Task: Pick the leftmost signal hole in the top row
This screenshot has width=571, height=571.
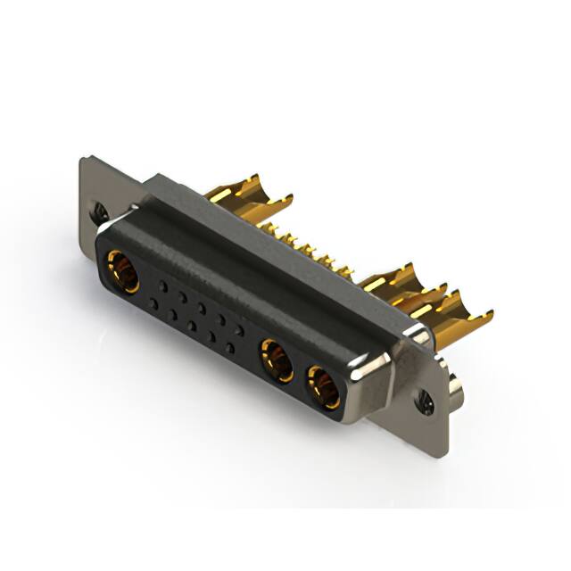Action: [x=165, y=286]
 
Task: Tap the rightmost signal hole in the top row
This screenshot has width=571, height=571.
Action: [x=238, y=330]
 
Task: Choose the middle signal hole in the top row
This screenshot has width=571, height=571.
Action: [x=202, y=308]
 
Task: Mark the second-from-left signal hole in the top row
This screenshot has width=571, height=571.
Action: [x=183, y=297]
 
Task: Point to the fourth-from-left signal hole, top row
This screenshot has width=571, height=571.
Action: [x=219, y=319]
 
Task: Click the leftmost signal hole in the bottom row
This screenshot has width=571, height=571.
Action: [x=154, y=304]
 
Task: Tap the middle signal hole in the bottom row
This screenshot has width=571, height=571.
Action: [x=192, y=327]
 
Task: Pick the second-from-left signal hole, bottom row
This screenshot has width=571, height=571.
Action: [x=173, y=315]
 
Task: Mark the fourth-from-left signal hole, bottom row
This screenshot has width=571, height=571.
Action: [x=211, y=338]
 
